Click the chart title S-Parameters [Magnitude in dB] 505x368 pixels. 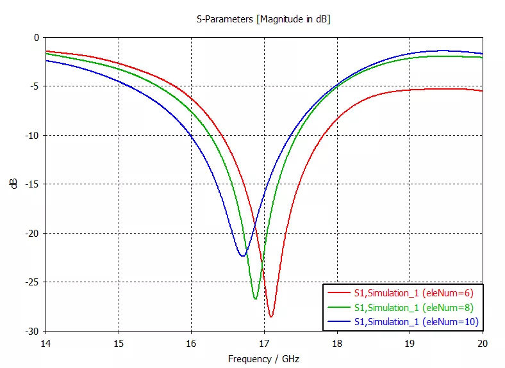[x=263, y=19]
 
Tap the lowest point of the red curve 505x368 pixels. [x=271, y=317]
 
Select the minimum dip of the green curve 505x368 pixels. [x=255, y=299]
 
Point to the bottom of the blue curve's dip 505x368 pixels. [x=243, y=256]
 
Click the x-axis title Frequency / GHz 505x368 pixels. [x=263, y=359]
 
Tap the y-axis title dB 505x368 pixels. [x=13, y=184]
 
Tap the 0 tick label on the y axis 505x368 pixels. [x=37, y=38]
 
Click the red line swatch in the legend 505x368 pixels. [x=338, y=293]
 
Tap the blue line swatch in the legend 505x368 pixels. [x=338, y=321]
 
